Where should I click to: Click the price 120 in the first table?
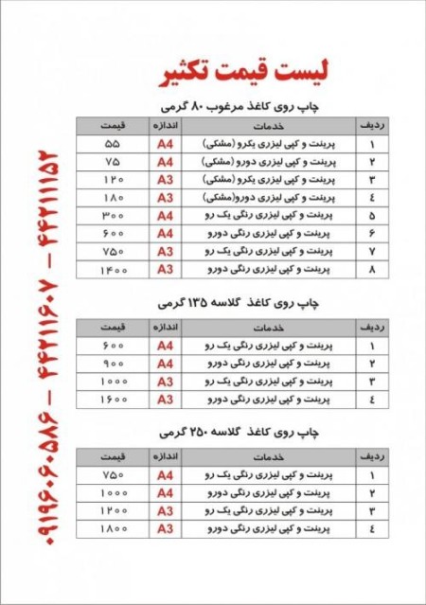(x=114, y=179)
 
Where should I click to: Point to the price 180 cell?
(x=114, y=198)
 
